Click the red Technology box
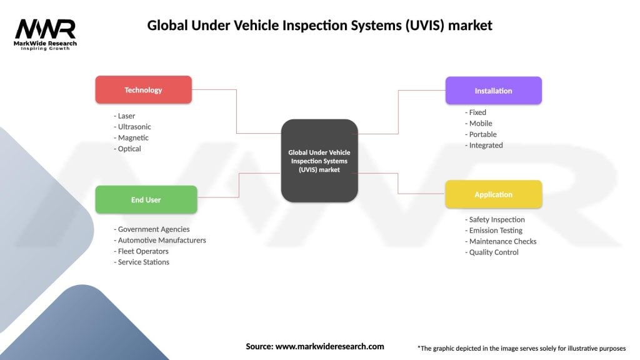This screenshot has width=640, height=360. point(143,90)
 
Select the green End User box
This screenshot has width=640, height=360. point(146,200)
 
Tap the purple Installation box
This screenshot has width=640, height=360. point(493,91)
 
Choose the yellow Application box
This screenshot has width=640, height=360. point(493,194)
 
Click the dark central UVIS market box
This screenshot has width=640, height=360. point(319,161)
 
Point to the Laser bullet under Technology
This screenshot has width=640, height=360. point(125,116)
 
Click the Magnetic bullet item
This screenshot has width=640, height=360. point(131,137)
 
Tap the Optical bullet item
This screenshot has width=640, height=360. point(128,149)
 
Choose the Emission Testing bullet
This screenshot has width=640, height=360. point(494,231)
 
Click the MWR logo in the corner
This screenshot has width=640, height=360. point(46,32)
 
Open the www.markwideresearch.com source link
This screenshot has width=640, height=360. point(329,346)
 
